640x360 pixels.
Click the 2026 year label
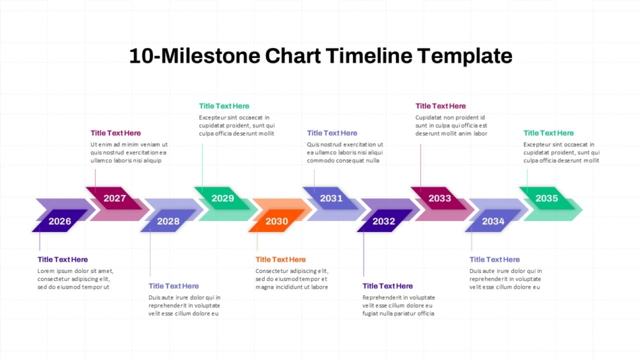pos(59,221)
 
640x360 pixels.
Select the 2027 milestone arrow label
pos(115,198)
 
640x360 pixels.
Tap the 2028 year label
pos(168,221)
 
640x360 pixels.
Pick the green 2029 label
pos(223,198)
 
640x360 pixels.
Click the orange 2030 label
pos(277,221)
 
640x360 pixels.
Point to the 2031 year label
pos(331,198)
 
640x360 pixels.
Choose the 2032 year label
pos(384,221)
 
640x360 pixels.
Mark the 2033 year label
pos(440,198)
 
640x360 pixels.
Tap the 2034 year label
pos(493,221)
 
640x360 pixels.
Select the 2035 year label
pos(546,198)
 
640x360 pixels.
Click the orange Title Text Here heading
pos(280,260)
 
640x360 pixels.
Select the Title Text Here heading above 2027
pos(115,133)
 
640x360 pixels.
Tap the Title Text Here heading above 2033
pos(441,106)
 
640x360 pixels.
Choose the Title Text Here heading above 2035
pos(548,133)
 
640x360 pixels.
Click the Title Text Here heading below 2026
pos(63,260)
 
